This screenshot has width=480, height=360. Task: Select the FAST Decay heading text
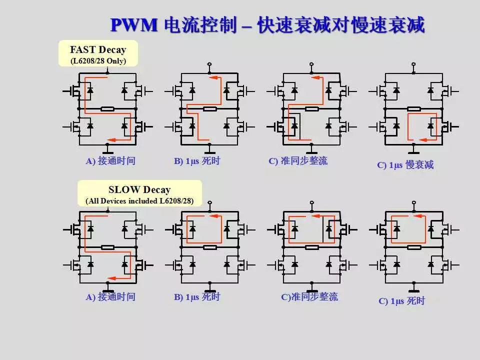point(98,50)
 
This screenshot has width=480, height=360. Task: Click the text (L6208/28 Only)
point(98,61)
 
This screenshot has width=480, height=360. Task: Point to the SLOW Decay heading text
point(139,190)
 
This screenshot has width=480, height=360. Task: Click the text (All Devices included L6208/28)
point(139,201)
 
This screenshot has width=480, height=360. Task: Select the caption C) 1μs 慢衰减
point(405,165)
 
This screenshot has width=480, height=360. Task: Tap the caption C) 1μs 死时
point(401,301)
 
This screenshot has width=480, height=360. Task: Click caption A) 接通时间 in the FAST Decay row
point(110,161)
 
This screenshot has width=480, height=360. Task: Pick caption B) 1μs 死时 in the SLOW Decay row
point(197,297)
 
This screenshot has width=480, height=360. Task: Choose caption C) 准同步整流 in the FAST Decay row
point(298,161)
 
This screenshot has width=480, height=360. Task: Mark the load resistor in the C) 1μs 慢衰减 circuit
point(413,108)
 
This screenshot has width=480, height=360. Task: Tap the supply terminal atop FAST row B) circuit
point(210,64)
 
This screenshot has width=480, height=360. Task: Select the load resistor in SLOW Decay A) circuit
point(108,247)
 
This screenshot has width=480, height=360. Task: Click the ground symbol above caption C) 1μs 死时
point(413,289)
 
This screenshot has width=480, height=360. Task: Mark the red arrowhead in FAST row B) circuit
point(213,78)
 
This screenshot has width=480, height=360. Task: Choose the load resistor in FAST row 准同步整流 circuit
point(312,108)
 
